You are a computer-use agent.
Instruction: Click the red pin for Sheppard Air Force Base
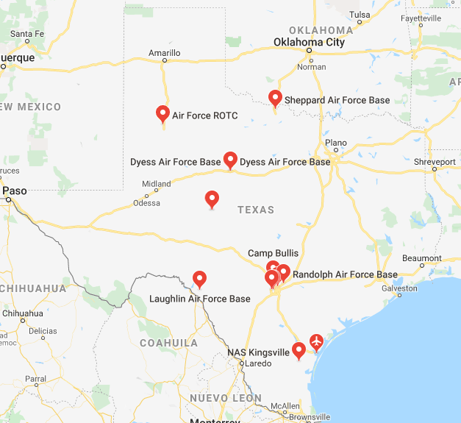coord(275,97)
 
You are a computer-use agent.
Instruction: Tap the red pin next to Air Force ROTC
coord(163,113)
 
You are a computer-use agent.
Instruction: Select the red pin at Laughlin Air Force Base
coord(199,279)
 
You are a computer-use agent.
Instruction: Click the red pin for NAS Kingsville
coord(299,350)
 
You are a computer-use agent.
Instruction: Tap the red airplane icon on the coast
coord(317,341)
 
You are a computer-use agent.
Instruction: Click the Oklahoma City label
coord(309,43)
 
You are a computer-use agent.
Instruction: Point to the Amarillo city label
coord(164,53)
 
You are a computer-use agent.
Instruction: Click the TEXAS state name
coord(256,210)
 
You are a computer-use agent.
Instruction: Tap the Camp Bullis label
coord(273,253)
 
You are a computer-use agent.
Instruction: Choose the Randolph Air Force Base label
coord(345,274)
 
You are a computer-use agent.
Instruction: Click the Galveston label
coord(399,288)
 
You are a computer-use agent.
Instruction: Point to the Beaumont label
coord(421,259)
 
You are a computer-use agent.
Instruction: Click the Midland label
coord(157,184)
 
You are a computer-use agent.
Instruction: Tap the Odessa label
coord(146,203)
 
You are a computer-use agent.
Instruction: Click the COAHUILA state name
coord(168,343)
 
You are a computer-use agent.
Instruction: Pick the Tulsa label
coord(360,15)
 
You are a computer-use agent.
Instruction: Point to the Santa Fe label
coord(28,34)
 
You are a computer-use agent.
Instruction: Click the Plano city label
coord(335,143)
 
